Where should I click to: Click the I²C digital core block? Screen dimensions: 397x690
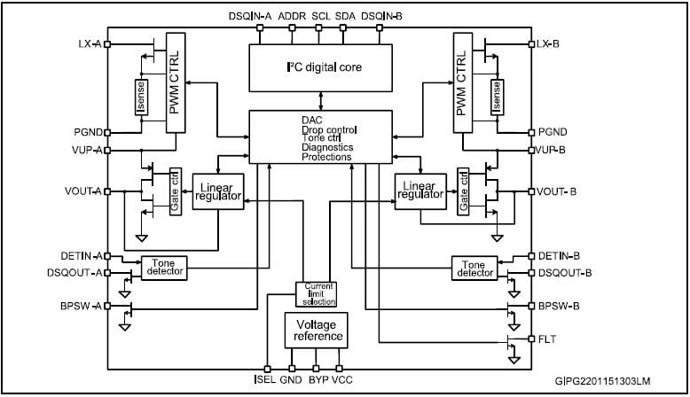point(321,66)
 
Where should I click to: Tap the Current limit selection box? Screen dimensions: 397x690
point(318,294)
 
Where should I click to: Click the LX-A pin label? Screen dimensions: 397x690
point(90,43)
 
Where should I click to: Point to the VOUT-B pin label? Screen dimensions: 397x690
point(559,191)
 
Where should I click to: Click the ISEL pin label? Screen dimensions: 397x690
point(264,382)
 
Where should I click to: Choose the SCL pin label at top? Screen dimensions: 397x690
point(320,16)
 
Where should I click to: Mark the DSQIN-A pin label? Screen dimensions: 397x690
point(253,16)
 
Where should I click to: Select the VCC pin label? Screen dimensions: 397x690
point(343,382)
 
